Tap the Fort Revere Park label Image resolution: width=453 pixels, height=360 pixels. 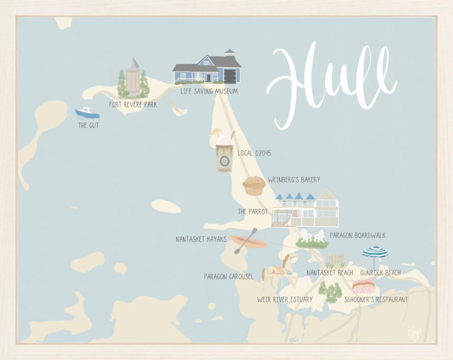(133, 105)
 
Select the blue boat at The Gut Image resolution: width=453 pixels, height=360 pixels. (87, 113)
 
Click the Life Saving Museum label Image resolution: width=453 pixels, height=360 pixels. (209, 91)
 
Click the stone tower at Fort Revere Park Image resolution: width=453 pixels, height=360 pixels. (133, 76)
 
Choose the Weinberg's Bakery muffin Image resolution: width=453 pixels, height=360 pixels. (254, 185)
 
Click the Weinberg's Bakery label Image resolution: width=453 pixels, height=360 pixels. (294, 180)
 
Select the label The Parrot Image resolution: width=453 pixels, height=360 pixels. (252, 211)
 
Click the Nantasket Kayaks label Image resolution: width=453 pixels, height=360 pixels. (201, 239)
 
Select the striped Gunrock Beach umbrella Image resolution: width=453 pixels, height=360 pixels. (375, 253)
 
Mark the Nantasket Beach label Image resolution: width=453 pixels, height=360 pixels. (330, 273)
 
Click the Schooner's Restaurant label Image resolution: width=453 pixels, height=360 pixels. (376, 299)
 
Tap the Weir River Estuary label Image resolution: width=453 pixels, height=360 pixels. (285, 300)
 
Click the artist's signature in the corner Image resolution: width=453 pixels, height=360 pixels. (414, 333)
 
